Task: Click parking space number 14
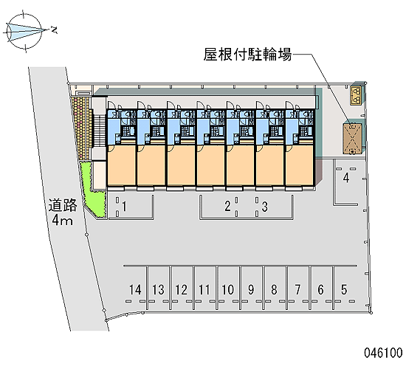[135, 289]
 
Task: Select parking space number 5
[345, 289]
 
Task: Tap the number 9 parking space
[251, 289]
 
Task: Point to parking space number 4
[346, 178]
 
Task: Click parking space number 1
[125, 207]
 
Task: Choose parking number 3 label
[264, 207]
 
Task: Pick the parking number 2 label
[227, 207]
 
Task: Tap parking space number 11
[204, 289]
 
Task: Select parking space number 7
[297, 289]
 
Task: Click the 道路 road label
[63, 205]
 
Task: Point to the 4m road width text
[62, 221]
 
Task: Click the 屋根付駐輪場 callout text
[247, 55]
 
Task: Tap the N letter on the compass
[54, 30]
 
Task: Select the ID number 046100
[383, 353]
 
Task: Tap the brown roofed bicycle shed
[352, 139]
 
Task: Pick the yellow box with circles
[356, 95]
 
